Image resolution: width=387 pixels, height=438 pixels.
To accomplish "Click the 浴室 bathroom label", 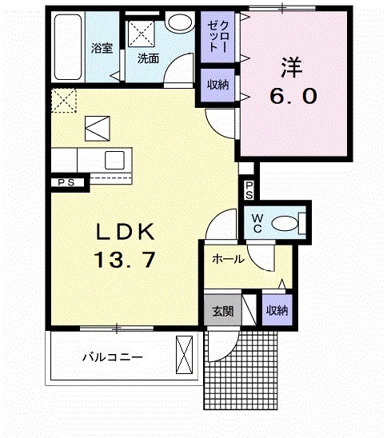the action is [x=102, y=48].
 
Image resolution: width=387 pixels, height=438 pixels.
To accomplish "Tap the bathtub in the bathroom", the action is [x=68, y=47].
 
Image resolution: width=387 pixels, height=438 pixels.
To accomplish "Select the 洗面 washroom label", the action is [x=148, y=58].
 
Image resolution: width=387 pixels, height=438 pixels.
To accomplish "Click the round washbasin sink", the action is [x=180, y=22].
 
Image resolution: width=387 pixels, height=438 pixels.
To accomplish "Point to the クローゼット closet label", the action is [x=218, y=36].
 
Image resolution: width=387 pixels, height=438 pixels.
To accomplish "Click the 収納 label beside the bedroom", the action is [x=218, y=85].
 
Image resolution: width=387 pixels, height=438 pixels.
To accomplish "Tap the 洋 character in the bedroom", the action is [x=292, y=67].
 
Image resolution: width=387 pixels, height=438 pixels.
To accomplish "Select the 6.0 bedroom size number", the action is [x=293, y=96].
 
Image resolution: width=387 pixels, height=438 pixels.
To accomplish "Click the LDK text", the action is [x=126, y=232].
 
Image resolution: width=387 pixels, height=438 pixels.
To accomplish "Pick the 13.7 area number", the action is [x=125, y=260].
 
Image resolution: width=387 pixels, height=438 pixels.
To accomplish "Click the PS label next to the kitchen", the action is [x=66, y=183].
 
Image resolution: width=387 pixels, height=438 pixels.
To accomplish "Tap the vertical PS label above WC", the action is [x=249, y=190].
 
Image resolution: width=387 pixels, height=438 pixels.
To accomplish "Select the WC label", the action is [x=257, y=223].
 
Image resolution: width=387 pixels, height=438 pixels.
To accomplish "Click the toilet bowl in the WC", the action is [x=285, y=223].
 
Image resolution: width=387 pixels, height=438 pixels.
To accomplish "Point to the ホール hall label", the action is [x=229, y=260].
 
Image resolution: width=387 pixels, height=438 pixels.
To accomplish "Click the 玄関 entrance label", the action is [x=223, y=311].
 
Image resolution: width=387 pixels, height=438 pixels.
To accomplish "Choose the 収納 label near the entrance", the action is [x=277, y=310].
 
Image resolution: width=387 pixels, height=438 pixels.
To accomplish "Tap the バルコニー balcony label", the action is [x=113, y=357].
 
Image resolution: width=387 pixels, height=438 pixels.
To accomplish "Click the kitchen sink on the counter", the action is [x=114, y=161].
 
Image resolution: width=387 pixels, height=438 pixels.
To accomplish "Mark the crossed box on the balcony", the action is [x=184, y=355].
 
